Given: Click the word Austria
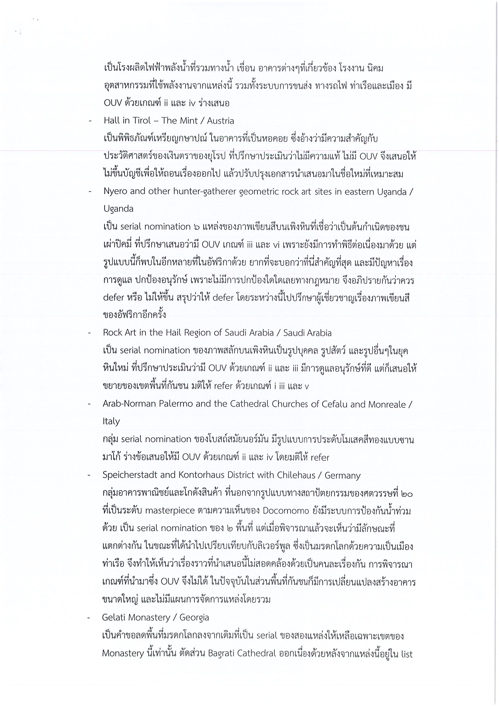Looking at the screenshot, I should click(x=220, y=121).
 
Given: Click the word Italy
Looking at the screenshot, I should click(x=111, y=421).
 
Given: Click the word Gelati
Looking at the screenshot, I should click(x=114, y=618).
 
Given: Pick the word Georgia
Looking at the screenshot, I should click(x=194, y=618).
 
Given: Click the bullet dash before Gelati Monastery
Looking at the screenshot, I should click(x=89, y=618).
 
